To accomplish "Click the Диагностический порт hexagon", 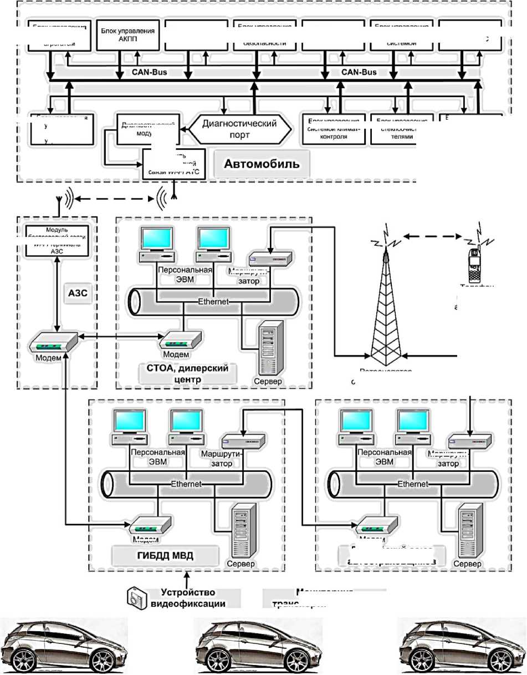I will tap(241, 129).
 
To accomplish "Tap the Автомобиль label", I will tap(261, 164).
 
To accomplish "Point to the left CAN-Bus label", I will tap(149, 72).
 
